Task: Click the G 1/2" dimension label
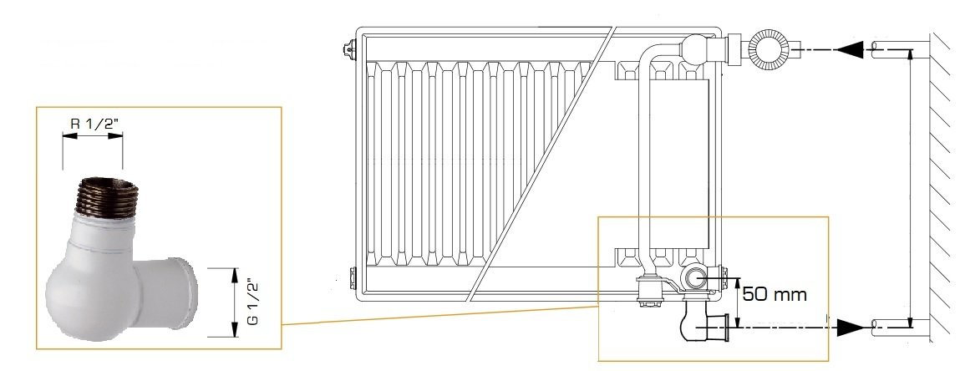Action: point(251,302)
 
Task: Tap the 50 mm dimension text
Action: point(775,294)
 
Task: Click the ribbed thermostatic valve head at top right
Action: point(769,47)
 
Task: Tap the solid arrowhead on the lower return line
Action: point(851,328)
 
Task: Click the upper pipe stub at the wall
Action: point(892,49)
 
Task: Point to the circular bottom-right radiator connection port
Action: point(693,278)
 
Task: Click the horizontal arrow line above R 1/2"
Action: point(93,135)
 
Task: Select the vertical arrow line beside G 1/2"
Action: point(234,302)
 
